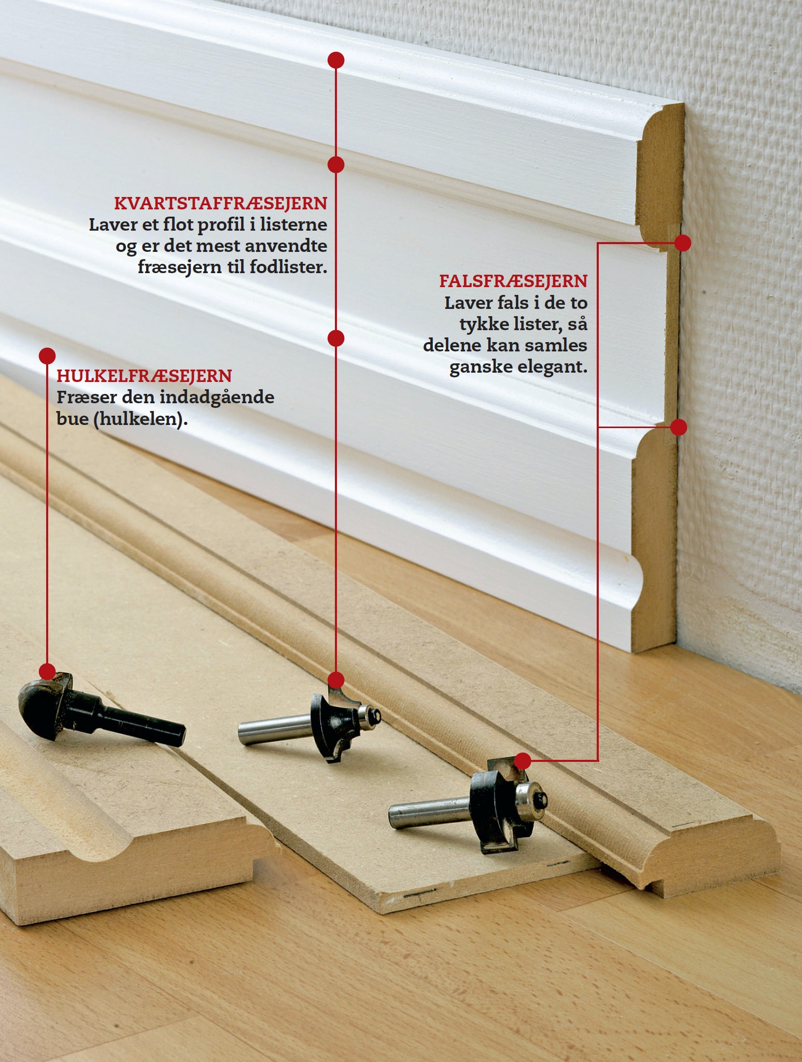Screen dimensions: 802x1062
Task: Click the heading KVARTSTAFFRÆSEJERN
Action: (221, 204)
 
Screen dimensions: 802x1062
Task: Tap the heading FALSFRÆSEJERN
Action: (513, 281)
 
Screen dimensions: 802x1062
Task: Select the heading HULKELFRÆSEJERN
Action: (144, 376)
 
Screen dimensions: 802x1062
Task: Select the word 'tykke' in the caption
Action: (484, 324)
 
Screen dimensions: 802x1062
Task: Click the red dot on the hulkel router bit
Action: (47, 671)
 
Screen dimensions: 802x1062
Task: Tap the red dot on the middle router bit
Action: (336, 679)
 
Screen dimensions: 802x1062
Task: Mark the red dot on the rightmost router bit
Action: (523, 761)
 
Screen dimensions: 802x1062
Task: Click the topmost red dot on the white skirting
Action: (336, 60)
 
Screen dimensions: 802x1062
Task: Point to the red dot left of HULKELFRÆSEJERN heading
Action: (47, 356)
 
